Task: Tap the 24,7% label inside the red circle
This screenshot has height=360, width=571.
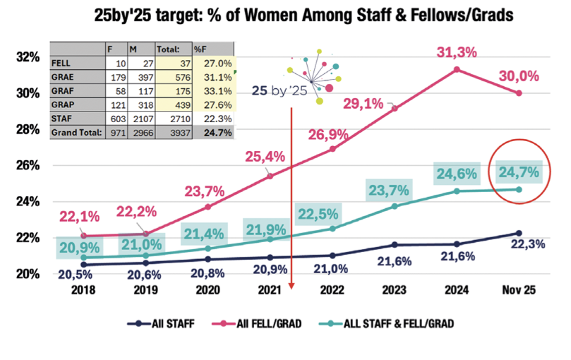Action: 519,172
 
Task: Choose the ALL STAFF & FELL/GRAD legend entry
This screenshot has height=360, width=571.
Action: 390,323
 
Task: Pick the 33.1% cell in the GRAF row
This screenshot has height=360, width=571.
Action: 218,90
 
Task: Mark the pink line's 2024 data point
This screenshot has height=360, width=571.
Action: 457,69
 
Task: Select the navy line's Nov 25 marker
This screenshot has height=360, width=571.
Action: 519,233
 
